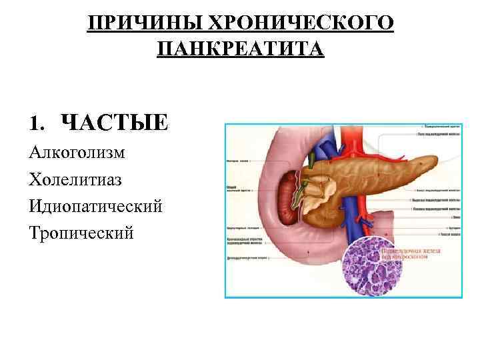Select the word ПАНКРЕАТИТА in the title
241,49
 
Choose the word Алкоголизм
77,153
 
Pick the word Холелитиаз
75,180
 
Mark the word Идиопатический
95,207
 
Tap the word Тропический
81,233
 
